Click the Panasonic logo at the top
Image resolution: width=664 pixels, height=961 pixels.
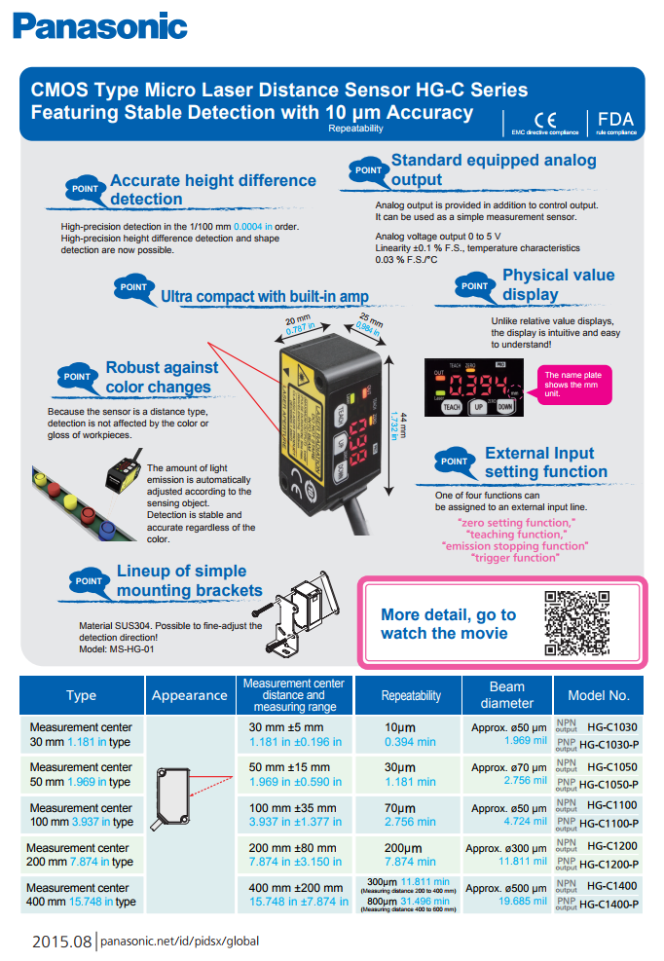(100, 25)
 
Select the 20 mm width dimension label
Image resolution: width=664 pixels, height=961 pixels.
(297, 324)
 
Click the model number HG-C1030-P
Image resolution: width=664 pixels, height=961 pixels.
(609, 744)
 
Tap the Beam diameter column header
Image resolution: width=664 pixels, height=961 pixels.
(507, 695)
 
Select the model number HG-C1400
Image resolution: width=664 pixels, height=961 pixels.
(612, 886)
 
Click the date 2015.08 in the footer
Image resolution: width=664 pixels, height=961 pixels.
(60, 942)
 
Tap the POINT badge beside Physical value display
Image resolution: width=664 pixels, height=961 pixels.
(474, 286)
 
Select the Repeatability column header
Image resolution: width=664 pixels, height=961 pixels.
(411, 695)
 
